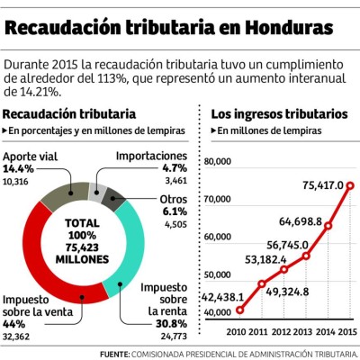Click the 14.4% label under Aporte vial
coord(18,168)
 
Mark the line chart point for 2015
coord(349,186)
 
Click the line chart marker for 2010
coord(240,310)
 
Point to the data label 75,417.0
coord(322,185)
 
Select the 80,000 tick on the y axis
coord(222,161)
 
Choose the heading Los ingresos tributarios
coord(278,115)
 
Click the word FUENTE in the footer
coord(114,353)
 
